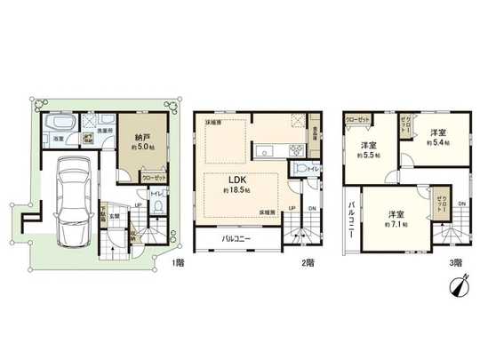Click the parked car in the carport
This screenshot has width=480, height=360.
point(68,204)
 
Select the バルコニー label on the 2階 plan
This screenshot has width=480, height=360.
point(235,239)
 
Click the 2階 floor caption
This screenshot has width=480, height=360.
point(308,262)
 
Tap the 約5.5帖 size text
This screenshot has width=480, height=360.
point(369,154)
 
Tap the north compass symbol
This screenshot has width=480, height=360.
point(460,287)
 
